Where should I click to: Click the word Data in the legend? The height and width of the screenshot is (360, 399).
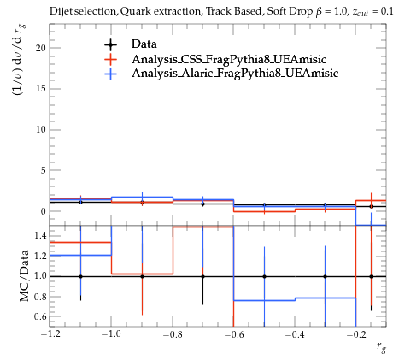pyautogui.click(x=144, y=44)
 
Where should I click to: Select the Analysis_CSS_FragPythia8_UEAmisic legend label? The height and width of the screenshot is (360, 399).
pyautogui.click(x=229, y=59)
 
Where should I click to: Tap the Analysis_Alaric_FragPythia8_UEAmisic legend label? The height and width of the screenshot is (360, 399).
pyautogui.click(x=235, y=74)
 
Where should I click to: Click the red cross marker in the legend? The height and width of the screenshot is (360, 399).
pyautogui.click(x=110, y=59)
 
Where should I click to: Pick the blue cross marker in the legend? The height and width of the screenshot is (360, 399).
pyautogui.click(x=110, y=74)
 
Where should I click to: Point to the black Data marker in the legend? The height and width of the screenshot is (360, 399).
pyautogui.click(x=110, y=44)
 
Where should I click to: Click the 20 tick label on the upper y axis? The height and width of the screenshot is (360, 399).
pyautogui.click(x=40, y=48)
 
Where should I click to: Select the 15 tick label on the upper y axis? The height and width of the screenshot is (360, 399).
pyautogui.click(x=40, y=89)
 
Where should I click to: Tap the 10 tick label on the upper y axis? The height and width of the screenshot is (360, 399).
pyautogui.click(x=40, y=129)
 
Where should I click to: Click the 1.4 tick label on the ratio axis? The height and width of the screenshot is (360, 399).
pyautogui.click(x=40, y=236)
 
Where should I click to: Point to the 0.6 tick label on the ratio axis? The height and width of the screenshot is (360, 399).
pyautogui.click(x=40, y=316)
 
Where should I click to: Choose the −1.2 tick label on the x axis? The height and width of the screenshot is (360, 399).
pyautogui.click(x=50, y=334)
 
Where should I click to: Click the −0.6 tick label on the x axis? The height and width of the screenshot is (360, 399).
pyautogui.click(x=234, y=334)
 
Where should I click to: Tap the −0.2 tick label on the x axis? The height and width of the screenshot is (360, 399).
pyautogui.click(x=356, y=334)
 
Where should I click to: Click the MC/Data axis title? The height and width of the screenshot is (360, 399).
pyautogui.click(x=25, y=275)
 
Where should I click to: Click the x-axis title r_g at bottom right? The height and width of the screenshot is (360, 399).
pyautogui.click(x=381, y=347)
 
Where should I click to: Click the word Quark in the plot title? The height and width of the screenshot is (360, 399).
pyautogui.click(x=135, y=11)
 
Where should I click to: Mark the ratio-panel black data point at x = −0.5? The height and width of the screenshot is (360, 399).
pyautogui.click(x=264, y=276)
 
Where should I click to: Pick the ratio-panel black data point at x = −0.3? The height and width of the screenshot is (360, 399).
pyautogui.click(x=325, y=276)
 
